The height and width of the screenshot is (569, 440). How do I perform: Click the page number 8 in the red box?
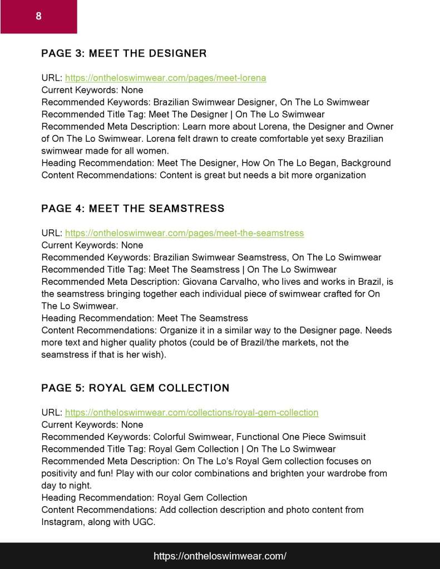[x=38, y=16]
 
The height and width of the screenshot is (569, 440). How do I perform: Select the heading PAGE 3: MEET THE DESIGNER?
[x=124, y=53]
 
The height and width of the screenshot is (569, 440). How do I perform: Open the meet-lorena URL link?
[x=166, y=78]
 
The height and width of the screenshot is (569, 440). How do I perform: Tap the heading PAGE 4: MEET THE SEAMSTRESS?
[x=133, y=209]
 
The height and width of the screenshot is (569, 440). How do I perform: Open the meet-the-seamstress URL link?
[x=185, y=233]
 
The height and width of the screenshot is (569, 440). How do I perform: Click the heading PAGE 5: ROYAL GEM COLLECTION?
[x=135, y=388]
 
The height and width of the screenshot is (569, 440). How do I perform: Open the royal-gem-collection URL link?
[x=192, y=413]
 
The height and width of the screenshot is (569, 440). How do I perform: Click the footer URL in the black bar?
[x=220, y=556]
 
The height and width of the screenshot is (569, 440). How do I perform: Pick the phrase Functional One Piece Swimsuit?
[x=300, y=437]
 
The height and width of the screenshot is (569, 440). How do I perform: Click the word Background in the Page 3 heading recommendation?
[x=366, y=163]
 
